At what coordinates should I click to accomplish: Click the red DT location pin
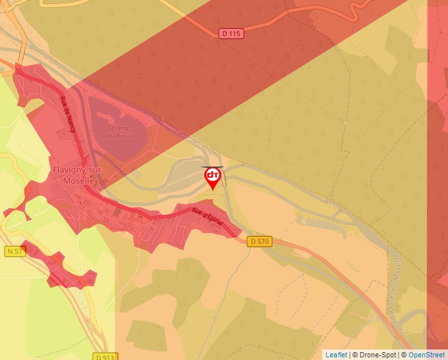(x=213, y=177)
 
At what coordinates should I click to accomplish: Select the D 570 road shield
(x=260, y=242)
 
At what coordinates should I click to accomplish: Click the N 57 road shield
(x=14, y=251)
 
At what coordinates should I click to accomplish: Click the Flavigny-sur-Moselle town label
(x=74, y=175)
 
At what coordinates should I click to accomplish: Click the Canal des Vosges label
(x=198, y=141)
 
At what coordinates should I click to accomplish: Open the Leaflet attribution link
(x=336, y=355)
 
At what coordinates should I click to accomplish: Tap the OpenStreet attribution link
(x=426, y=355)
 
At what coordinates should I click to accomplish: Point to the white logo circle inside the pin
(x=213, y=175)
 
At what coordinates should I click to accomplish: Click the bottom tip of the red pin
(x=213, y=190)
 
